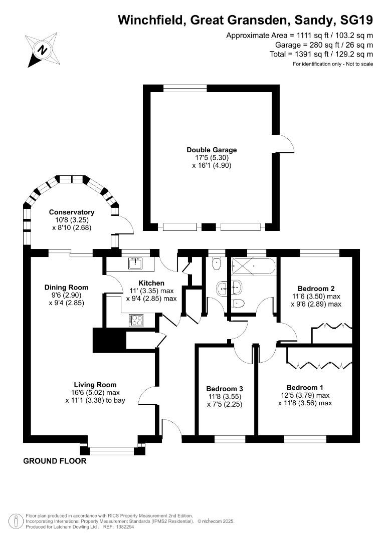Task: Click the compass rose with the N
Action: point(43,50)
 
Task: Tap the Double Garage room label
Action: point(212,150)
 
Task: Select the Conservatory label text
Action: point(72,212)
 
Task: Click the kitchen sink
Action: point(136,263)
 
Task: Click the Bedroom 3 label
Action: point(225,389)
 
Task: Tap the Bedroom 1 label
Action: point(305,387)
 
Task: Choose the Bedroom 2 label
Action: point(316,289)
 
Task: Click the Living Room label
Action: point(95,385)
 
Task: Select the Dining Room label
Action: point(66,288)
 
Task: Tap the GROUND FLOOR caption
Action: point(55,461)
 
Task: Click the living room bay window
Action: point(112,450)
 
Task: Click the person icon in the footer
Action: point(14,521)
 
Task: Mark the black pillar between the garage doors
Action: point(208,227)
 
